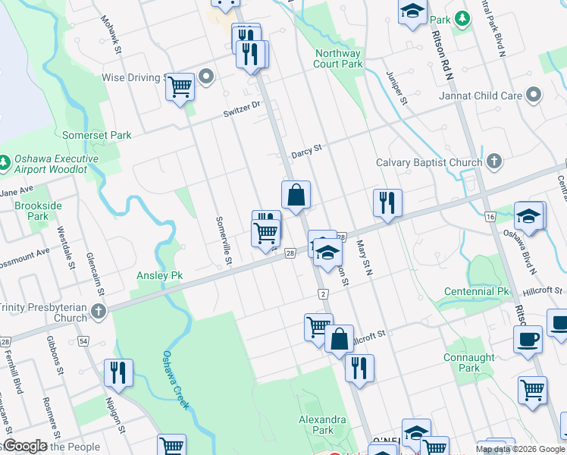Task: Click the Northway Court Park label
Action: pyautogui.click(x=337, y=59)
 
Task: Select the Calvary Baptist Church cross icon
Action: pyautogui.click(x=493, y=162)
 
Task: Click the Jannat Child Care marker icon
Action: pyautogui.click(x=534, y=96)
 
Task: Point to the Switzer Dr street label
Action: pyautogui.click(x=242, y=109)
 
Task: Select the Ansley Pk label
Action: pyautogui.click(x=160, y=275)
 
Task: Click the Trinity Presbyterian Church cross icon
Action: pyautogui.click(x=99, y=311)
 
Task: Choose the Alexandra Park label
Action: pyautogui.click(x=322, y=425)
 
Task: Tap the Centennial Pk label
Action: pyautogui.click(x=477, y=291)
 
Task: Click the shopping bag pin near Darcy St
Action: pyautogui.click(x=296, y=195)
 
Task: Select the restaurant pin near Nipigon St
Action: pyautogui.click(x=118, y=372)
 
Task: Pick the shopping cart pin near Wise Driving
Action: pyautogui.click(x=180, y=87)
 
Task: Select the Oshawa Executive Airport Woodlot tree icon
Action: pyautogui.click(x=5, y=162)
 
